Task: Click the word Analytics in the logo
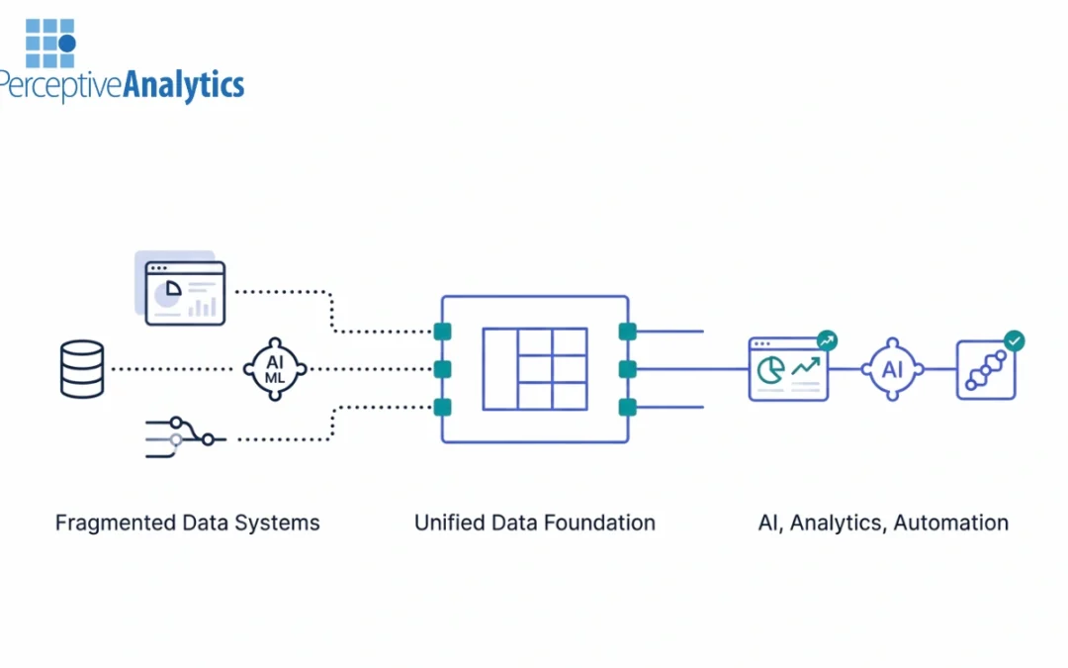pyautogui.click(x=184, y=85)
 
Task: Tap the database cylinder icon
pyautogui.click(x=81, y=369)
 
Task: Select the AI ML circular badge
pyautogui.click(x=275, y=369)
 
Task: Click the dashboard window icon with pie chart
pyautogui.click(x=185, y=293)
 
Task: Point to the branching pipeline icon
pyautogui.click(x=185, y=436)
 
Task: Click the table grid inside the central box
pyautogui.click(x=535, y=369)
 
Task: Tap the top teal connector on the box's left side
pyautogui.click(x=442, y=332)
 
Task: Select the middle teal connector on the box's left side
pyautogui.click(x=442, y=369)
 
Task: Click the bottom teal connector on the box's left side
pyautogui.click(x=442, y=407)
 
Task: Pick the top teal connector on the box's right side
pyautogui.click(x=626, y=332)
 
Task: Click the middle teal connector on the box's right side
pyautogui.click(x=626, y=369)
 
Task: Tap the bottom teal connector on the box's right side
pyautogui.click(x=626, y=407)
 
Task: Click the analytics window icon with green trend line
pyautogui.click(x=788, y=370)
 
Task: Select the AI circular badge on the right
pyautogui.click(x=892, y=369)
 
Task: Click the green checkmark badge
pyautogui.click(x=1014, y=340)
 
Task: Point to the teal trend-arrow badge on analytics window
pyautogui.click(x=827, y=340)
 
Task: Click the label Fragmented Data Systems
pyautogui.click(x=187, y=523)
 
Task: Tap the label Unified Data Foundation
pyautogui.click(x=534, y=523)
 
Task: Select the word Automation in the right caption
pyautogui.click(x=950, y=523)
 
